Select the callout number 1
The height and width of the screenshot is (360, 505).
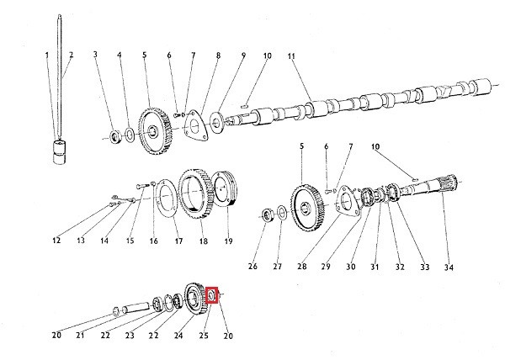(x=47, y=56)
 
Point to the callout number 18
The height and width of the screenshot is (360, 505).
(x=203, y=241)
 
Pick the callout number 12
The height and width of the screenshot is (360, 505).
(x=56, y=241)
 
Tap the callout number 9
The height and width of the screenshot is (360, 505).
(x=243, y=56)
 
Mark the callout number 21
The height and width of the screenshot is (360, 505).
(x=81, y=336)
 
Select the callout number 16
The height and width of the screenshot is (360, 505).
(x=154, y=241)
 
